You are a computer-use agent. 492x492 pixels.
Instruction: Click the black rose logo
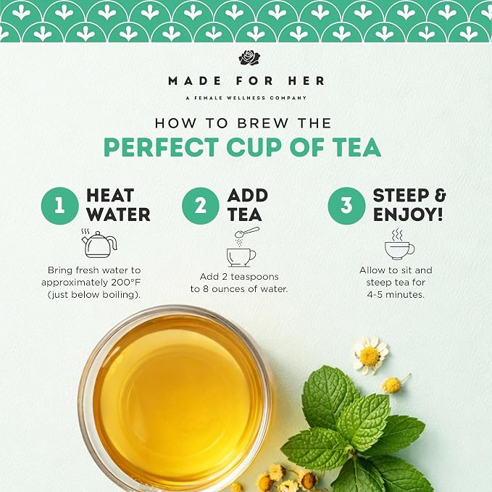(x=249, y=57)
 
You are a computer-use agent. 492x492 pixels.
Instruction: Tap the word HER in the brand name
(x=306, y=81)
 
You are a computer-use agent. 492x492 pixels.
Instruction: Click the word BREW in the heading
(x=262, y=123)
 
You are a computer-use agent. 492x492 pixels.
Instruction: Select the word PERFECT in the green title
(x=162, y=147)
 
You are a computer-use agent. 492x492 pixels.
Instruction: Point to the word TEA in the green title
(x=357, y=147)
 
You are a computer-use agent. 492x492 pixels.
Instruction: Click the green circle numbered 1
(x=59, y=206)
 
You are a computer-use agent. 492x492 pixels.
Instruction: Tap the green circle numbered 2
(x=200, y=206)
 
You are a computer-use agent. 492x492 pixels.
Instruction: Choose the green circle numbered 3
(x=346, y=206)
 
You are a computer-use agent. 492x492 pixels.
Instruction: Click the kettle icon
(x=99, y=243)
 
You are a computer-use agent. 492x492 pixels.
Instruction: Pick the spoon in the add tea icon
(x=247, y=233)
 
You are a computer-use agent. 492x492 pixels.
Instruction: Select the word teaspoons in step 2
(x=255, y=277)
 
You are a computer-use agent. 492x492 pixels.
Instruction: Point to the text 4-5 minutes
(x=396, y=295)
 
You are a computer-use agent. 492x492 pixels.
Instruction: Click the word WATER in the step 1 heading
(x=118, y=214)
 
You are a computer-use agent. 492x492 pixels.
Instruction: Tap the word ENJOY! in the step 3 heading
(x=408, y=214)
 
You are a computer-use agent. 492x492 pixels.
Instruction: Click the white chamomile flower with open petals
(x=370, y=356)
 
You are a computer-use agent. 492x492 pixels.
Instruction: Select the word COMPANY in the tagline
(x=288, y=98)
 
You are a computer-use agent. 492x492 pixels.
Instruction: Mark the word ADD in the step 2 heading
(x=248, y=196)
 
